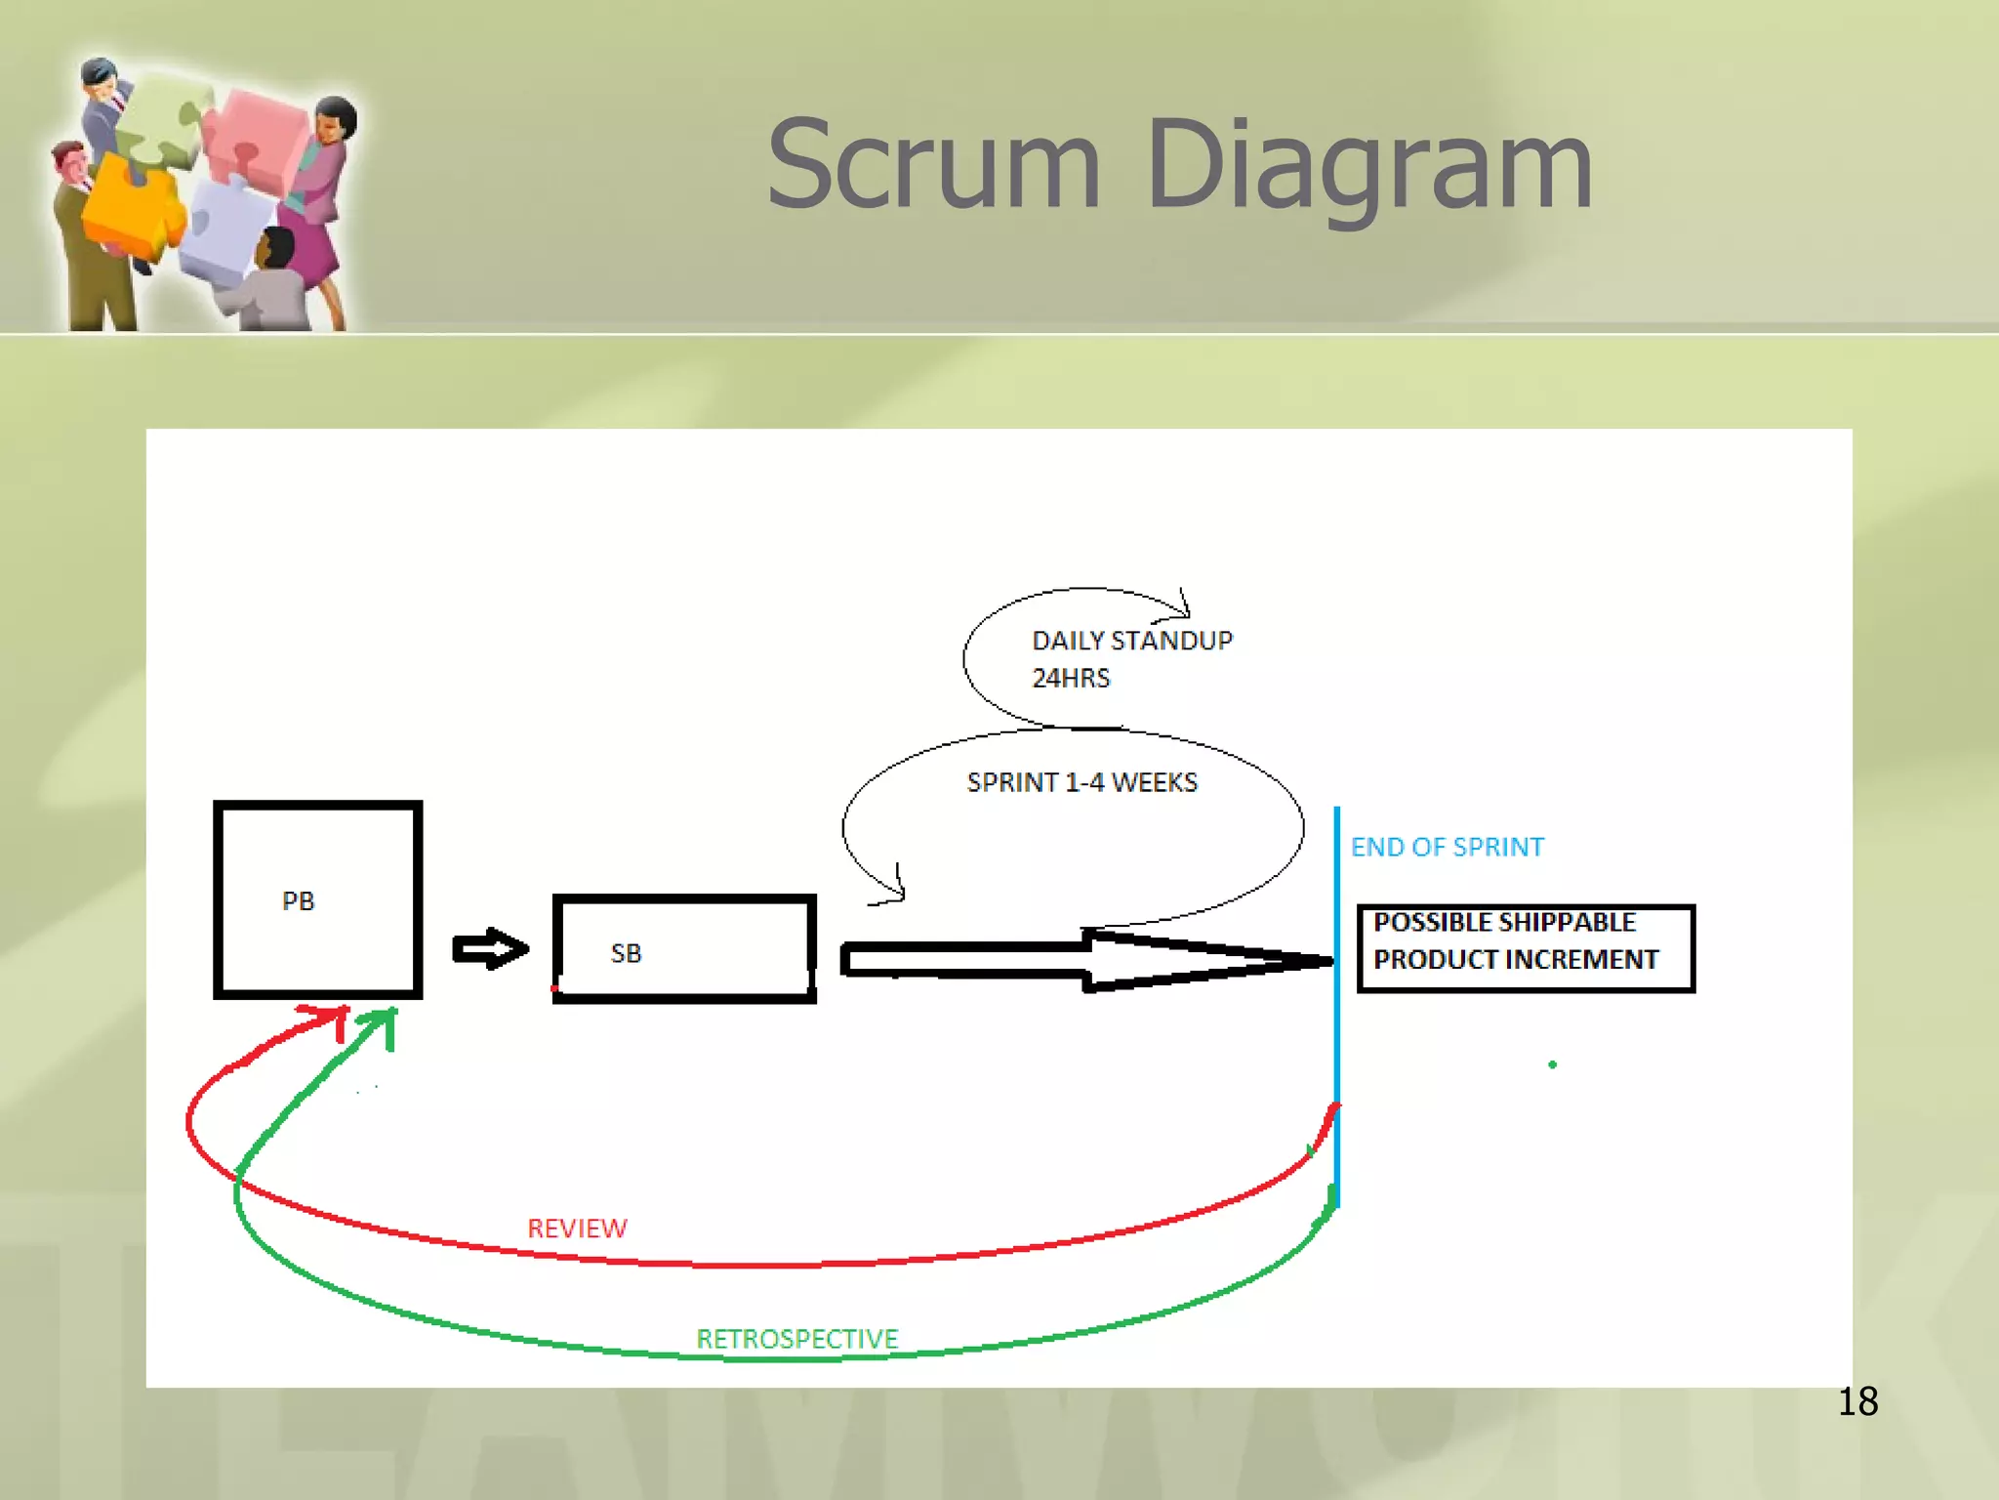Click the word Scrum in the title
(x=934, y=166)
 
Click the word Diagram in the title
(x=1368, y=166)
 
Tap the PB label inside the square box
(x=298, y=901)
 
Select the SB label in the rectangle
(x=626, y=953)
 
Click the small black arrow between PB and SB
(x=491, y=948)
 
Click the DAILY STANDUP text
(x=1132, y=641)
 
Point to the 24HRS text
(x=1071, y=678)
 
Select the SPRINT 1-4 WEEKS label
(x=1081, y=782)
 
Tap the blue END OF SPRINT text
(x=1447, y=847)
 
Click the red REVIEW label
(x=577, y=1229)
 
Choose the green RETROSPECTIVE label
(x=796, y=1339)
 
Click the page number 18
(x=1857, y=1401)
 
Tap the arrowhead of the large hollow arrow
(x=1210, y=961)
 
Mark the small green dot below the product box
(x=1552, y=1064)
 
